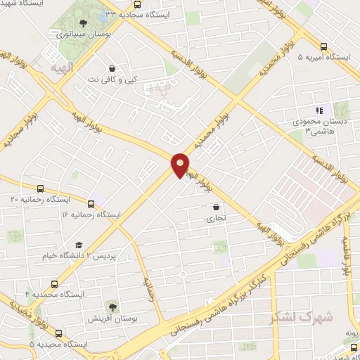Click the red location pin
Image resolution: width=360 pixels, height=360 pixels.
[x=181, y=165]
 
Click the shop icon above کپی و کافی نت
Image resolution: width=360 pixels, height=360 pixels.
[x=112, y=69]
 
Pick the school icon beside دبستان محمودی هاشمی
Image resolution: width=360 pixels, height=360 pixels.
[x=319, y=110]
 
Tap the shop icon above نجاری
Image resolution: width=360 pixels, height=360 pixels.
[x=216, y=207]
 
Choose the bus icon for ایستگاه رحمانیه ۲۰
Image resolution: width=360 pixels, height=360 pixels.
[x=40, y=188]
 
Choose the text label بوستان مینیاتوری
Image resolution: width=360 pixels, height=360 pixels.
[x=84, y=33]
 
